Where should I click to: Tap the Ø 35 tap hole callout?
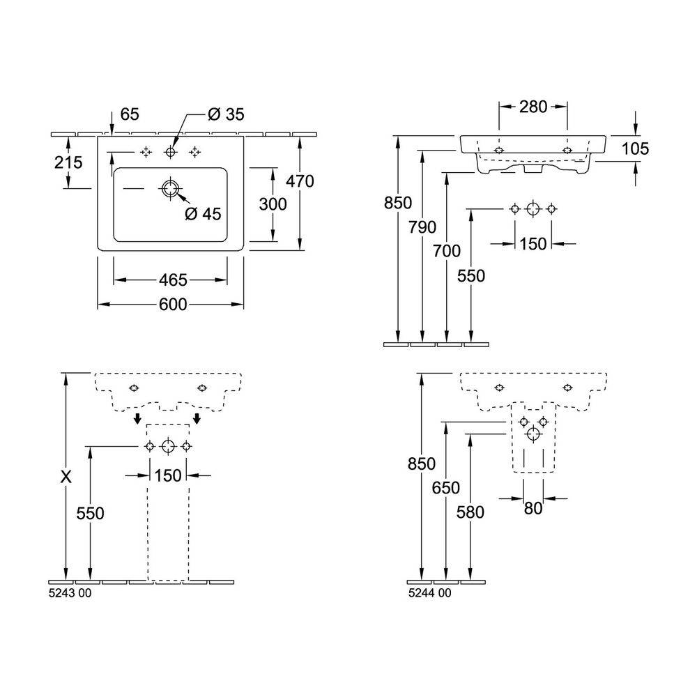pyautogui.click(x=224, y=114)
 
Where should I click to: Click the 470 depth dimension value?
pyautogui.click(x=300, y=181)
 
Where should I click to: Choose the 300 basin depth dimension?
pyautogui.click(x=273, y=204)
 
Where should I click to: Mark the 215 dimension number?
pyautogui.click(x=68, y=163)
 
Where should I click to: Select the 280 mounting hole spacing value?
pyautogui.click(x=533, y=107)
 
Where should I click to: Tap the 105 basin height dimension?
pyautogui.click(x=636, y=148)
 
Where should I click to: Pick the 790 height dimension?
pyautogui.click(x=422, y=227)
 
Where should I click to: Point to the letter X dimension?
pyautogui.click(x=66, y=477)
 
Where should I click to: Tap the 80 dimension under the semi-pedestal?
pyautogui.click(x=533, y=510)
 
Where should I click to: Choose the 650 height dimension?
pyautogui.click(x=446, y=489)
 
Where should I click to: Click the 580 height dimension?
pyautogui.click(x=471, y=512)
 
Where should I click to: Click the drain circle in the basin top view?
pyautogui.click(x=170, y=188)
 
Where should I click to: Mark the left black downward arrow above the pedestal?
pyautogui.click(x=138, y=419)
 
